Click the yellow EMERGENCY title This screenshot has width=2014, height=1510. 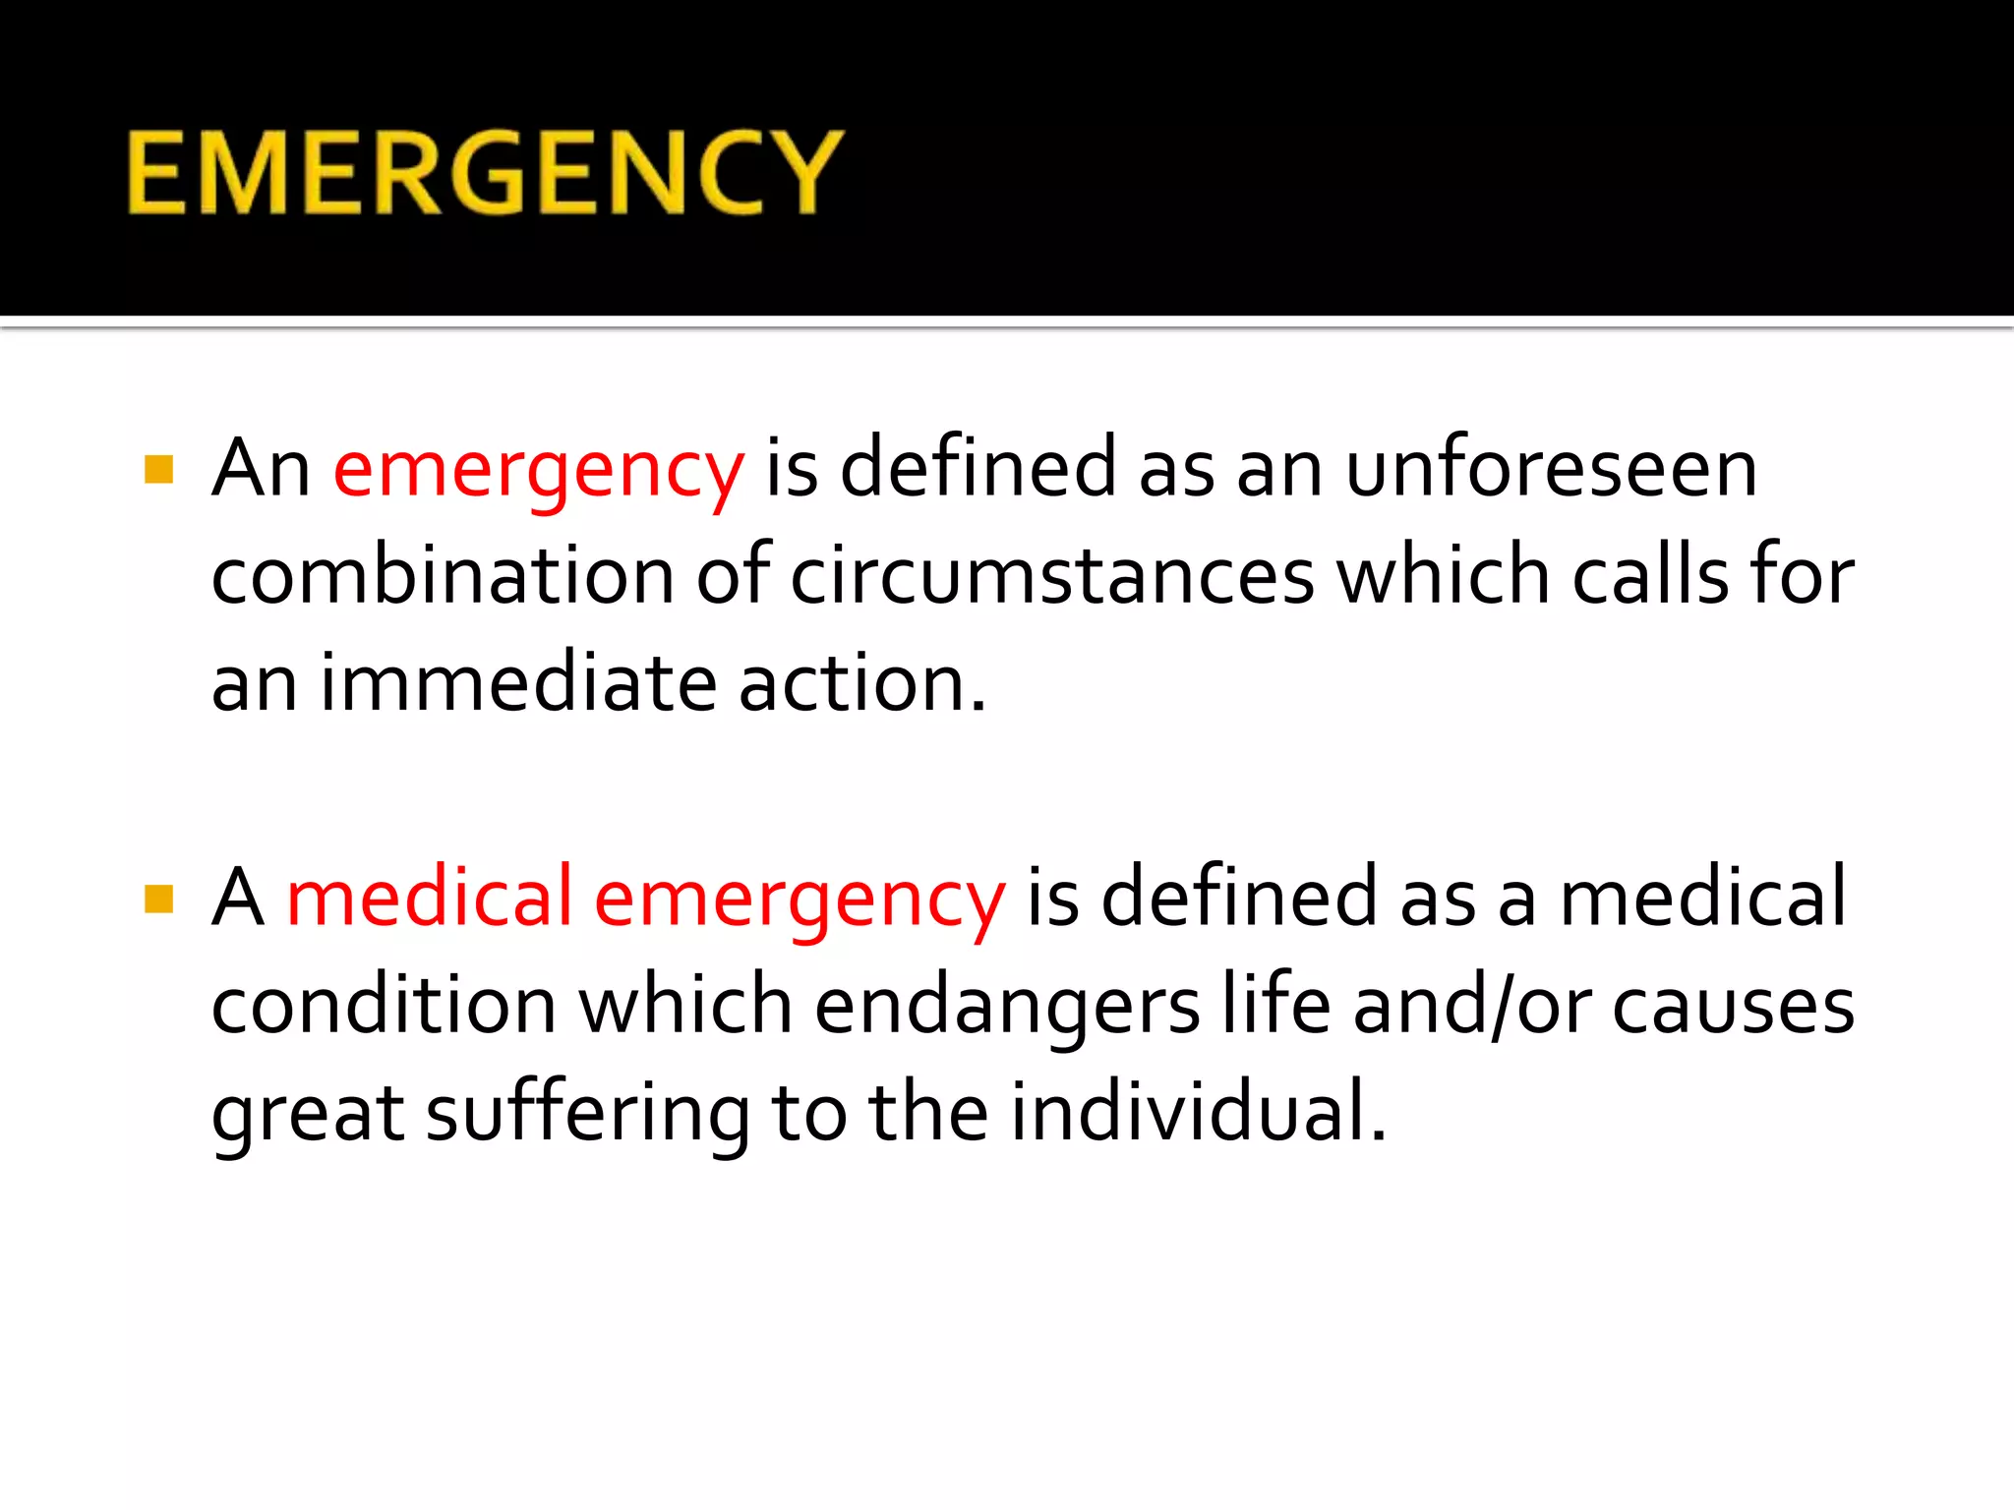coord(485,173)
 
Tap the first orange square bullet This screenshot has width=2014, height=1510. coord(158,470)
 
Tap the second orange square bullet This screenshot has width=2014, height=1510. coord(158,899)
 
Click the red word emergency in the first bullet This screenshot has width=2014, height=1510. coord(538,470)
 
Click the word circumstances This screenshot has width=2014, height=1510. coord(1052,575)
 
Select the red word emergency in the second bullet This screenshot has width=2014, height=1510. coord(800,899)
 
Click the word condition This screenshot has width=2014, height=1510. coord(384,1005)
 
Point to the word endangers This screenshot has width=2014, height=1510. coord(1007,1007)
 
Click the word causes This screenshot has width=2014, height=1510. coord(1733,1007)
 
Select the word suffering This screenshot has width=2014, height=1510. coord(588,1113)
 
